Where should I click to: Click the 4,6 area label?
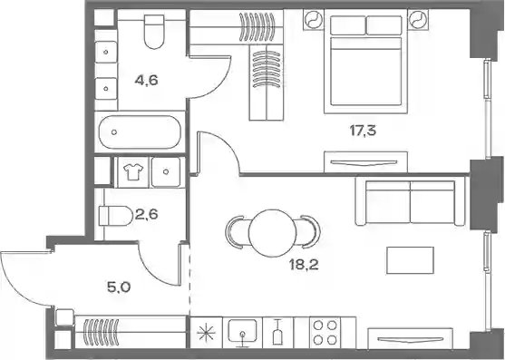147,80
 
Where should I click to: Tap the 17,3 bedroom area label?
363,131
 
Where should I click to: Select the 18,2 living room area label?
304,265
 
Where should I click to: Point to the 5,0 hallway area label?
119,287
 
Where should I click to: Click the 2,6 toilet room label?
147,213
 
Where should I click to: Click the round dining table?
273,233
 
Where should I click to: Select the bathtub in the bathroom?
140,132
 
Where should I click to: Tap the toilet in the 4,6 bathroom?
155,32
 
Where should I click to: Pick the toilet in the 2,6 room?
116,216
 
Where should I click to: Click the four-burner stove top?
325,333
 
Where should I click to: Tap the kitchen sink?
242,333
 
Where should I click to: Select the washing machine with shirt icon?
133,172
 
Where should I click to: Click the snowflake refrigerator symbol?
206,333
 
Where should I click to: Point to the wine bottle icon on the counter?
277,333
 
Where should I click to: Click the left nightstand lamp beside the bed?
314,20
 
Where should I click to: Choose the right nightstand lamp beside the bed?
418,20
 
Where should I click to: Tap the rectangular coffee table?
411,260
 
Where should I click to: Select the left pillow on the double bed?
348,25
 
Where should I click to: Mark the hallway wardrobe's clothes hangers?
101,332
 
